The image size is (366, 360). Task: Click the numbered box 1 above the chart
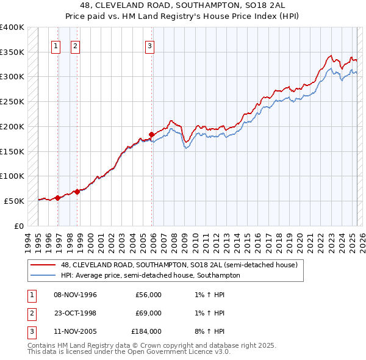[56, 45]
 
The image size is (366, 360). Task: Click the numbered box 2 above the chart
[75, 45]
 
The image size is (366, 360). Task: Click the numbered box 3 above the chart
[149, 45]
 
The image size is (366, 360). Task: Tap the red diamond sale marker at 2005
[152, 134]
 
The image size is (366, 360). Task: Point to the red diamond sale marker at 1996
[57, 198]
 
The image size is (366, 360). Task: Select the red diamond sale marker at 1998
[77, 192]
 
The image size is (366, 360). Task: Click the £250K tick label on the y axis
[12, 102]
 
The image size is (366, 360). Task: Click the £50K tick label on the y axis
[15, 201]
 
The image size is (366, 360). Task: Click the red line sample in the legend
[44, 265]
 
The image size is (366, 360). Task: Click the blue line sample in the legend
[44, 275]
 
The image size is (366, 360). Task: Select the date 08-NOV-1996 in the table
[76, 295]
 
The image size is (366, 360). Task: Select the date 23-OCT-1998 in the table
[76, 313]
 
